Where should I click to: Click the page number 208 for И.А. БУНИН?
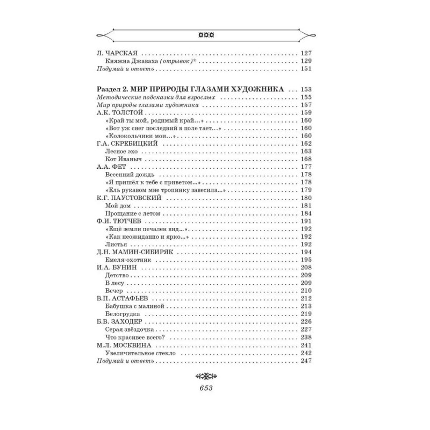(x=306, y=267)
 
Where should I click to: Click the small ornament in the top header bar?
(x=207, y=35)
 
